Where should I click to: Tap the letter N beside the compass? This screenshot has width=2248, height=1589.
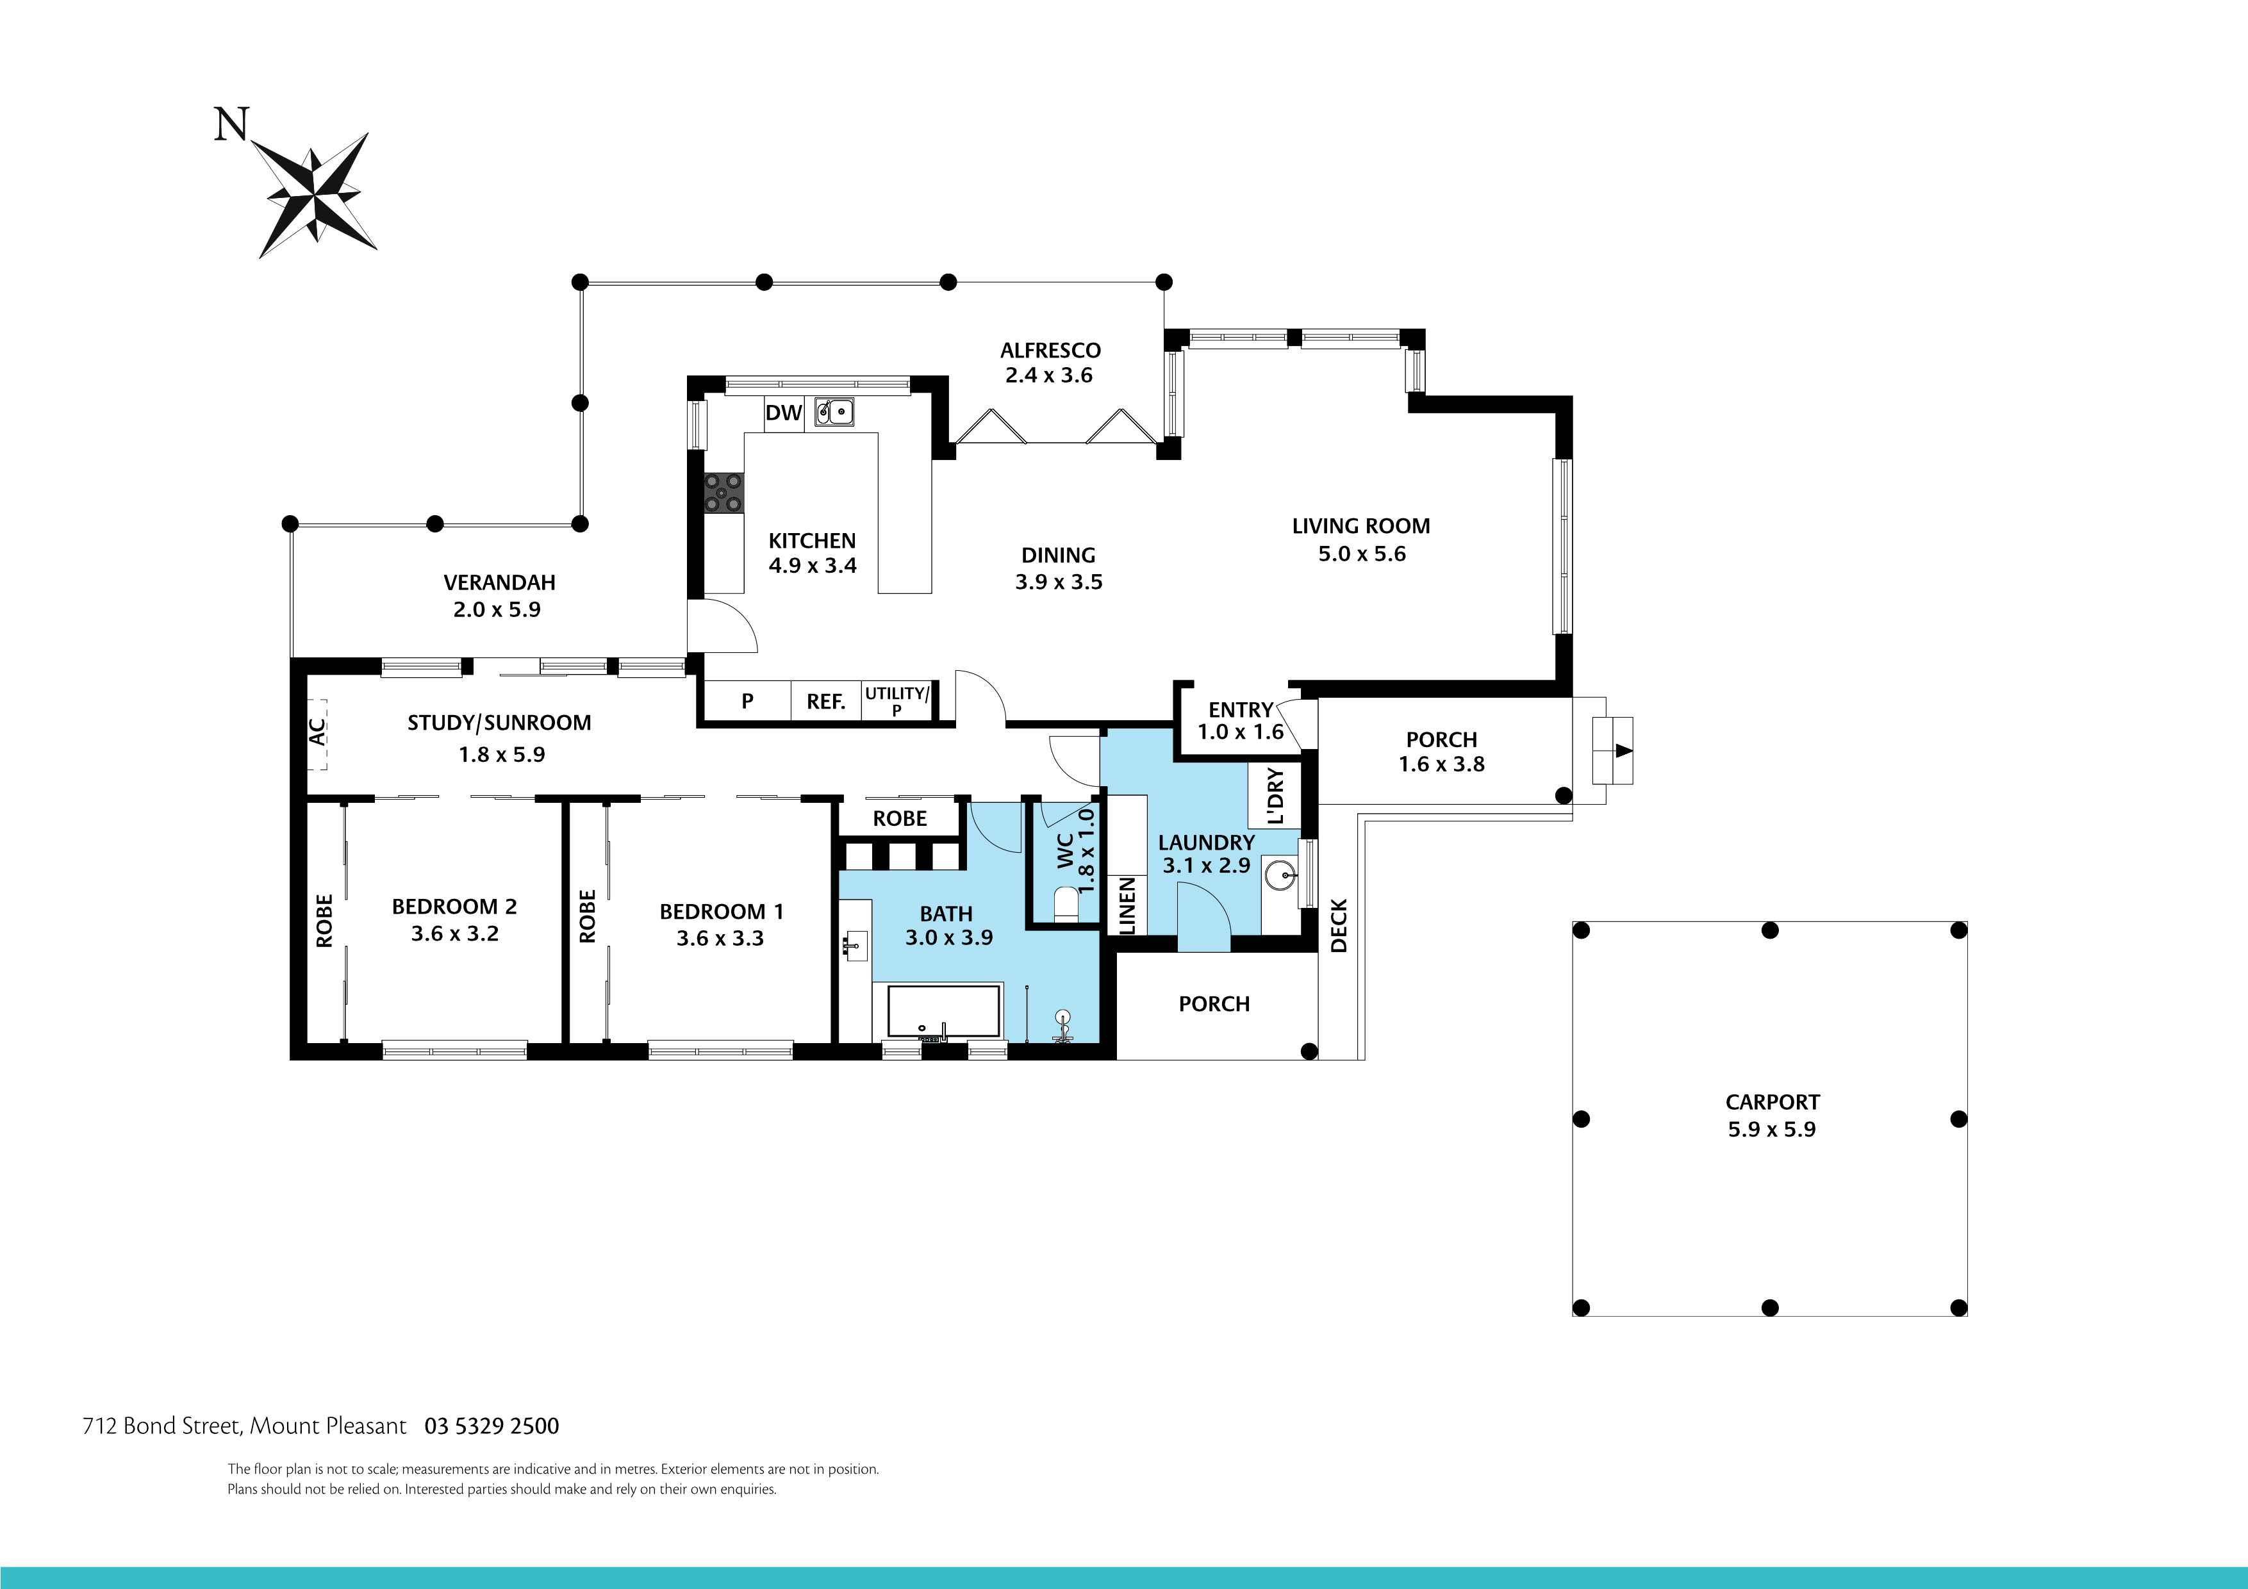click(231, 126)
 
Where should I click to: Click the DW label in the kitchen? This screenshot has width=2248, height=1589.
click(783, 413)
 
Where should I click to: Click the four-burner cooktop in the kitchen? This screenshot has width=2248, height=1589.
click(723, 493)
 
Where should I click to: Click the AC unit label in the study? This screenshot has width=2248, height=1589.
click(317, 732)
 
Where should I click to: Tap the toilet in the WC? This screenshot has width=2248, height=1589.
click(1065, 903)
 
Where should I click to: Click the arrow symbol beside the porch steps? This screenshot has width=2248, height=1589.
click(1623, 751)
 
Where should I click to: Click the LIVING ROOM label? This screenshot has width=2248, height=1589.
click(1360, 527)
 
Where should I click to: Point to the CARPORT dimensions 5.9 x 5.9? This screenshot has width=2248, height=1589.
click(1771, 1130)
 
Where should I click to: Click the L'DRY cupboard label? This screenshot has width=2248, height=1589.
click(1275, 796)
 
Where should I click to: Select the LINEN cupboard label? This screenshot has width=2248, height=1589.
click(1127, 905)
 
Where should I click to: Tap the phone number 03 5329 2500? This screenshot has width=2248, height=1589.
click(492, 1426)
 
